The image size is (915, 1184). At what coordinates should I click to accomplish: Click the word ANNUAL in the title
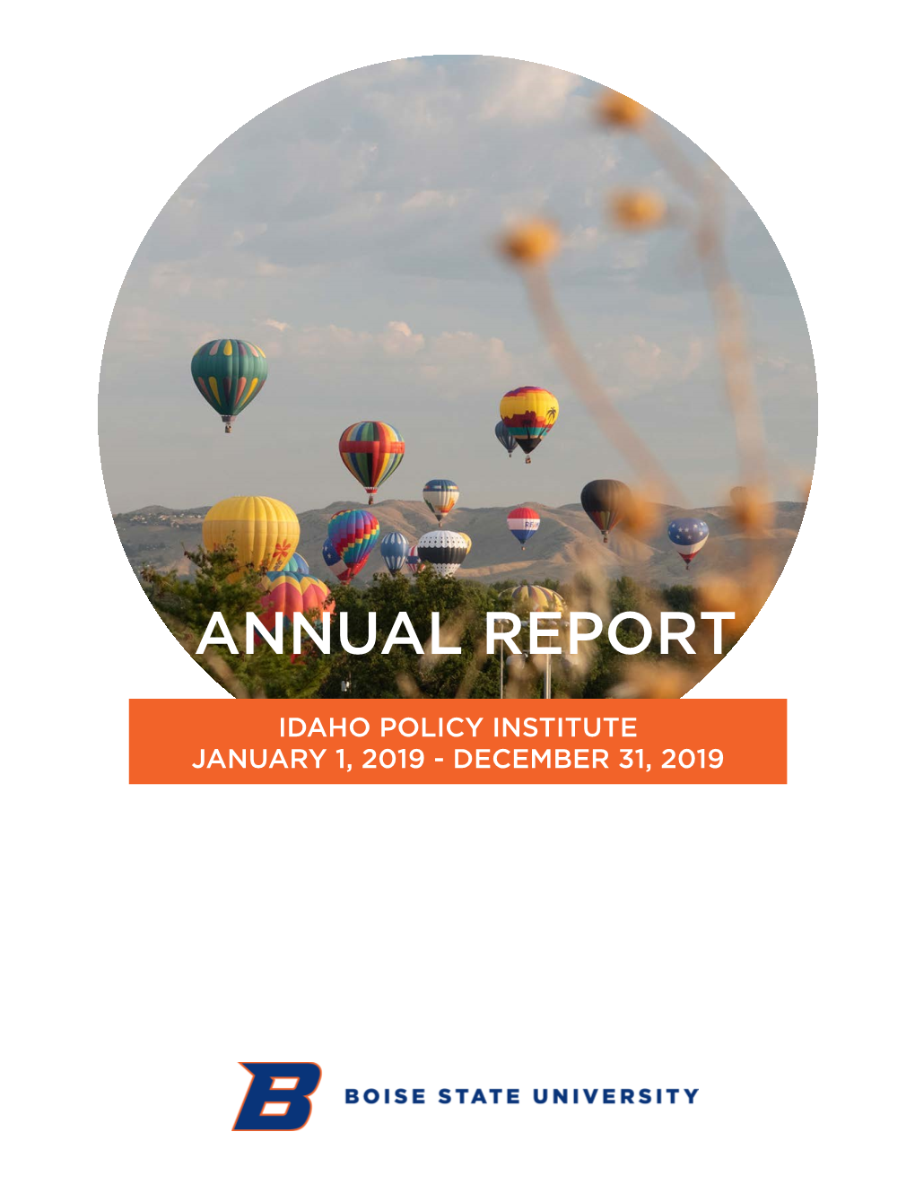pyautogui.click(x=328, y=633)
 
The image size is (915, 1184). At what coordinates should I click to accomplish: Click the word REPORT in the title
pyautogui.click(x=610, y=633)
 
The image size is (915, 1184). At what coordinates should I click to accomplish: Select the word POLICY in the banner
pyautogui.click(x=431, y=727)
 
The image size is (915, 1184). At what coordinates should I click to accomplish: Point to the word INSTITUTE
pyautogui.click(x=564, y=727)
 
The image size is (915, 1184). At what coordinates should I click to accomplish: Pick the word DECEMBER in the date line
pyautogui.click(x=531, y=759)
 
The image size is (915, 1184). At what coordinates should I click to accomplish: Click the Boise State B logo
pyautogui.click(x=277, y=1096)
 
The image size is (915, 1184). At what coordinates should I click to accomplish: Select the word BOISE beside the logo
pyautogui.click(x=385, y=1096)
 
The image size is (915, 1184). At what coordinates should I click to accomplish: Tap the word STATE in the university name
pyautogui.click(x=479, y=1096)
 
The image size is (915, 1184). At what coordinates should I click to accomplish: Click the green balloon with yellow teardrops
pyautogui.click(x=229, y=378)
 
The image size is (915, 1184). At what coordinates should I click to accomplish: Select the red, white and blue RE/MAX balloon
pyautogui.click(x=523, y=526)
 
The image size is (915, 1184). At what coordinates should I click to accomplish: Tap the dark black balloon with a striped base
pyautogui.click(x=605, y=506)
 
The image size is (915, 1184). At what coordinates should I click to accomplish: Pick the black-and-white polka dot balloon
pyautogui.click(x=442, y=552)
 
